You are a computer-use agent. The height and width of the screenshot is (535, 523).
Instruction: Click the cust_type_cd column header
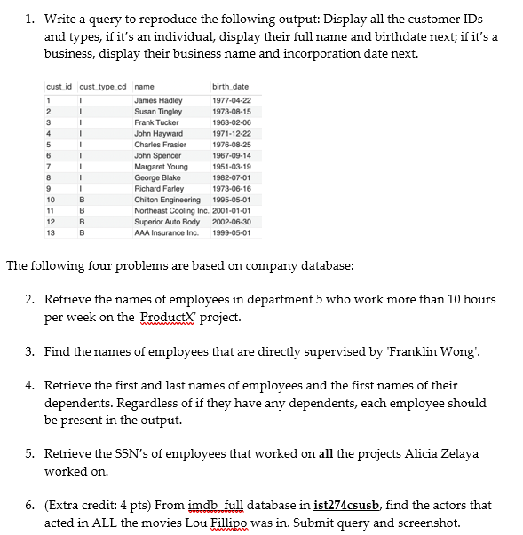click(104, 86)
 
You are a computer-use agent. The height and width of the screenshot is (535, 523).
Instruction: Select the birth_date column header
click(230, 86)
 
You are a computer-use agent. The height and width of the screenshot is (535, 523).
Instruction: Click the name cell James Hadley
click(157, 101)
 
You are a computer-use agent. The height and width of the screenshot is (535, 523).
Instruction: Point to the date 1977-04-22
click(232, 101)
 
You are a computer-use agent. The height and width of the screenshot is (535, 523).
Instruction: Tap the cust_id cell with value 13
click(51, 233)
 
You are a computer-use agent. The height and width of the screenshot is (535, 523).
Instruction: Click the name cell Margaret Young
click(161, 167)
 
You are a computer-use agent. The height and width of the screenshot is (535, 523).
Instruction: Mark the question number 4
click(29, 385)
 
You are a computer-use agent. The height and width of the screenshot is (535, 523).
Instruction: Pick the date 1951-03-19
click(232, 167)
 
